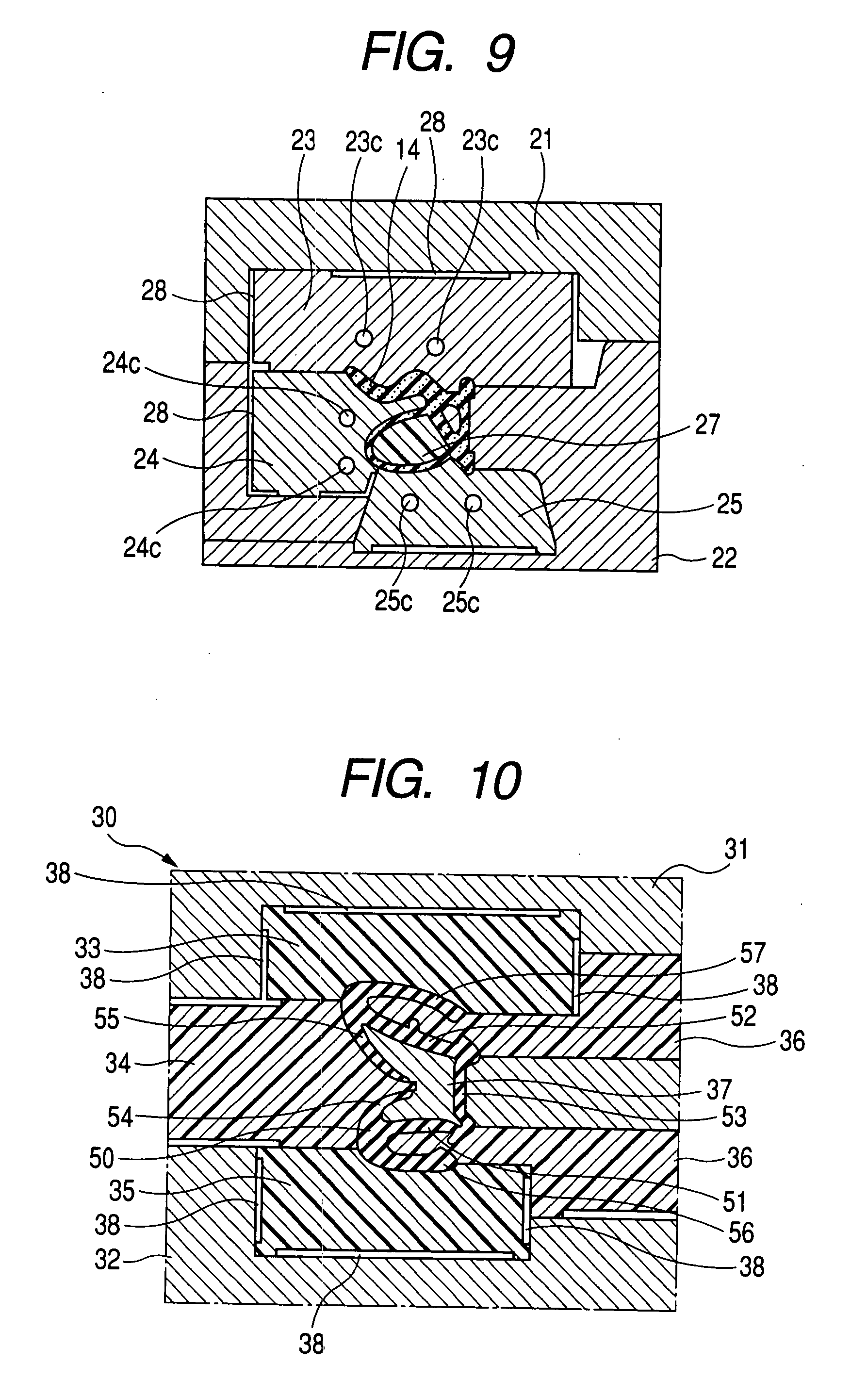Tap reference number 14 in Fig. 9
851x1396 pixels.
point(408,149)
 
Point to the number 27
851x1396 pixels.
point(707,425)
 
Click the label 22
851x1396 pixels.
point(723,558)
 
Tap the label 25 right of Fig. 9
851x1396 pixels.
point(729,504)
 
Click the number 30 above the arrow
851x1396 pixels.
point(104,818)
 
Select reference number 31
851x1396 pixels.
point(736,849)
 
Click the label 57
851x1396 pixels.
point(753,953)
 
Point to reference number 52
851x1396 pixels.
point(743,1017)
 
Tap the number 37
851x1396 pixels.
point(719,1089)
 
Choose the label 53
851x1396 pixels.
point(734,1117)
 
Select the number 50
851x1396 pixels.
point(102,1159)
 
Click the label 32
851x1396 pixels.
point(108,1260)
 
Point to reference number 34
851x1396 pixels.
point(118,1064)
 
